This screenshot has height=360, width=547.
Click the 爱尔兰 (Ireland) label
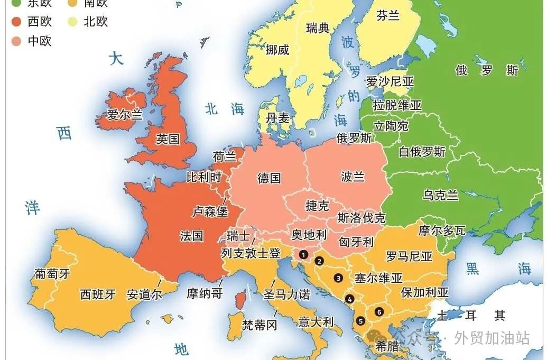coord(125,114)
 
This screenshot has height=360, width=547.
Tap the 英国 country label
coord(168,139)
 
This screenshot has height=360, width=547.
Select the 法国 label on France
coord(191,235)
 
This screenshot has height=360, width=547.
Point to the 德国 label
coord(269,178)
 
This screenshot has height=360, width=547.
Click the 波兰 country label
coord(353,176)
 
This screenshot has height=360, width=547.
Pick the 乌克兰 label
coord(440,195)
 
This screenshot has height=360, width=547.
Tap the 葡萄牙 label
coord(52,273)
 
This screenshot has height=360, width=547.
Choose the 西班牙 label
coord(98,294)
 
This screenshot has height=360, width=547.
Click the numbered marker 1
coord(303,254)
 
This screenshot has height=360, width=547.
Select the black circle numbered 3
coord(338,278)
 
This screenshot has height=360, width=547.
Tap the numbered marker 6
coord(379,311)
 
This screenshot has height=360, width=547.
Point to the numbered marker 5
coord(360,320)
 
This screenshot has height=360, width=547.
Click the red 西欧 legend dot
coord(16,22)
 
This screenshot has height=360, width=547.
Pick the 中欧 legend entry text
coord(40,41)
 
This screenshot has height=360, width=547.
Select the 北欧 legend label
coord(96,22)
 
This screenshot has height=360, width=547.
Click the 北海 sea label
coord(225,109)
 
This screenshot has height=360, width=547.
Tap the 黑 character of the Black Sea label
coord(472,269)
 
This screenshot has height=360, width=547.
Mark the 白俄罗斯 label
coord(422,152)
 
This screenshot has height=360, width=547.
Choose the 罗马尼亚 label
coord(409,256)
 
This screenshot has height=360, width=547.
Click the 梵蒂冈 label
coord(259,325)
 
